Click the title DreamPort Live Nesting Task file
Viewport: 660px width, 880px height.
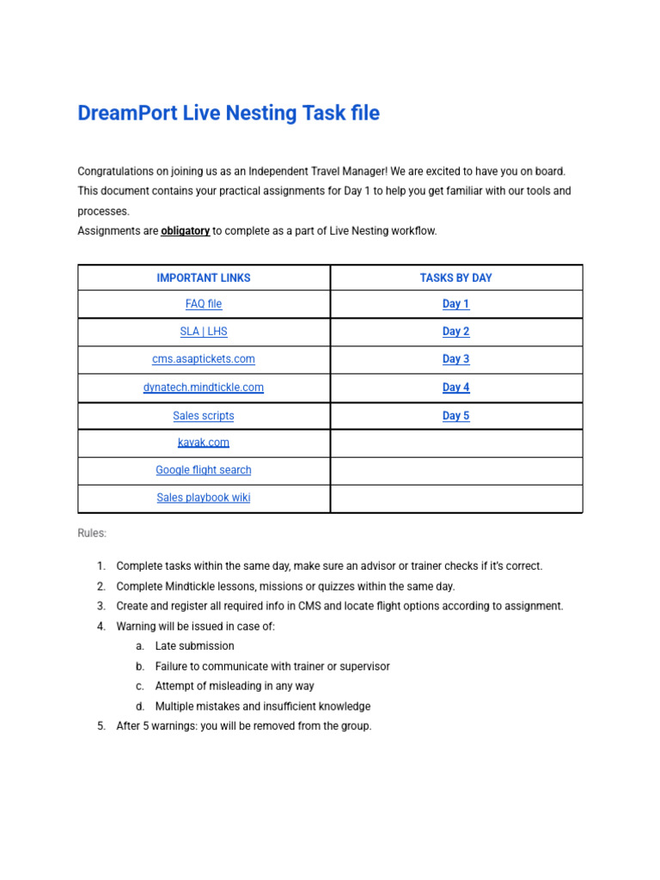pos(228,113)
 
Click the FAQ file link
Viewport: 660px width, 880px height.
pos(204,304)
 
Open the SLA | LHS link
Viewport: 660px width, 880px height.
pos(204,332)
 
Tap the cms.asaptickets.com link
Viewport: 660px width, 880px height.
pos(204,359)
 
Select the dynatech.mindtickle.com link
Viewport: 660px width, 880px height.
pos(204,388)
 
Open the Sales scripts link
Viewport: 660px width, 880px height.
pos(204,416)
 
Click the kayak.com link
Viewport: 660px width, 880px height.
pos(204,443)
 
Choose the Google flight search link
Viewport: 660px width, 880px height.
pos(204,470)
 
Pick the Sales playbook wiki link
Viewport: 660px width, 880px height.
pos(204,498)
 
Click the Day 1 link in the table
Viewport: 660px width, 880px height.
pos(455,304)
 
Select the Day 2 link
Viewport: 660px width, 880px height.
pos(455,332)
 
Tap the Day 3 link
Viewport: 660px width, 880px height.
pos(455,359)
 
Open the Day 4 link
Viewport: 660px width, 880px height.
pos(455,388)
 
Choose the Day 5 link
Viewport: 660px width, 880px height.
pos(455,416)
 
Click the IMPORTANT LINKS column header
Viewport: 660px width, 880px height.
pos(204,278)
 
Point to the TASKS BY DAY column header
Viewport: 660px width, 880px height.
pos(455,278)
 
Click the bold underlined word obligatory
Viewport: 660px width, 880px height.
pos(185,231)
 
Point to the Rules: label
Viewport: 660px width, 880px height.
pos(92,534)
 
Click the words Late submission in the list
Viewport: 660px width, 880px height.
pos(194,646)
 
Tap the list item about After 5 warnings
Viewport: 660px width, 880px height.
pos(244,726)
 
